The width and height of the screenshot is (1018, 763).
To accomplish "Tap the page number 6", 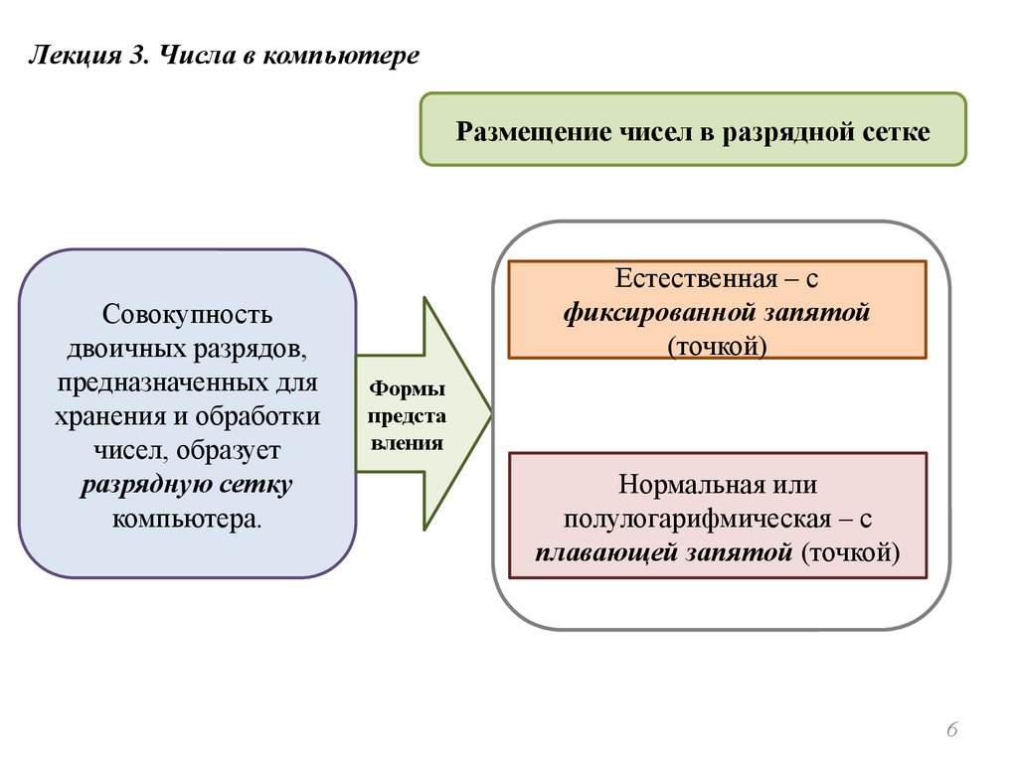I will click(951, 731).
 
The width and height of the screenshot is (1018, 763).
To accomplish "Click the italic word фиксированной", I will click(658, 312).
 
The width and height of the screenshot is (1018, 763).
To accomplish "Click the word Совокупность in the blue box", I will click(187, 314).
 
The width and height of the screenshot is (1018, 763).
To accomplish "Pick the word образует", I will click(232, 451).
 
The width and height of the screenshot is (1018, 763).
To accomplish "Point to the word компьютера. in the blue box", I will click(188, 519).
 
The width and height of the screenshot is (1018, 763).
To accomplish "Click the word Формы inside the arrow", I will click(408, 389).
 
